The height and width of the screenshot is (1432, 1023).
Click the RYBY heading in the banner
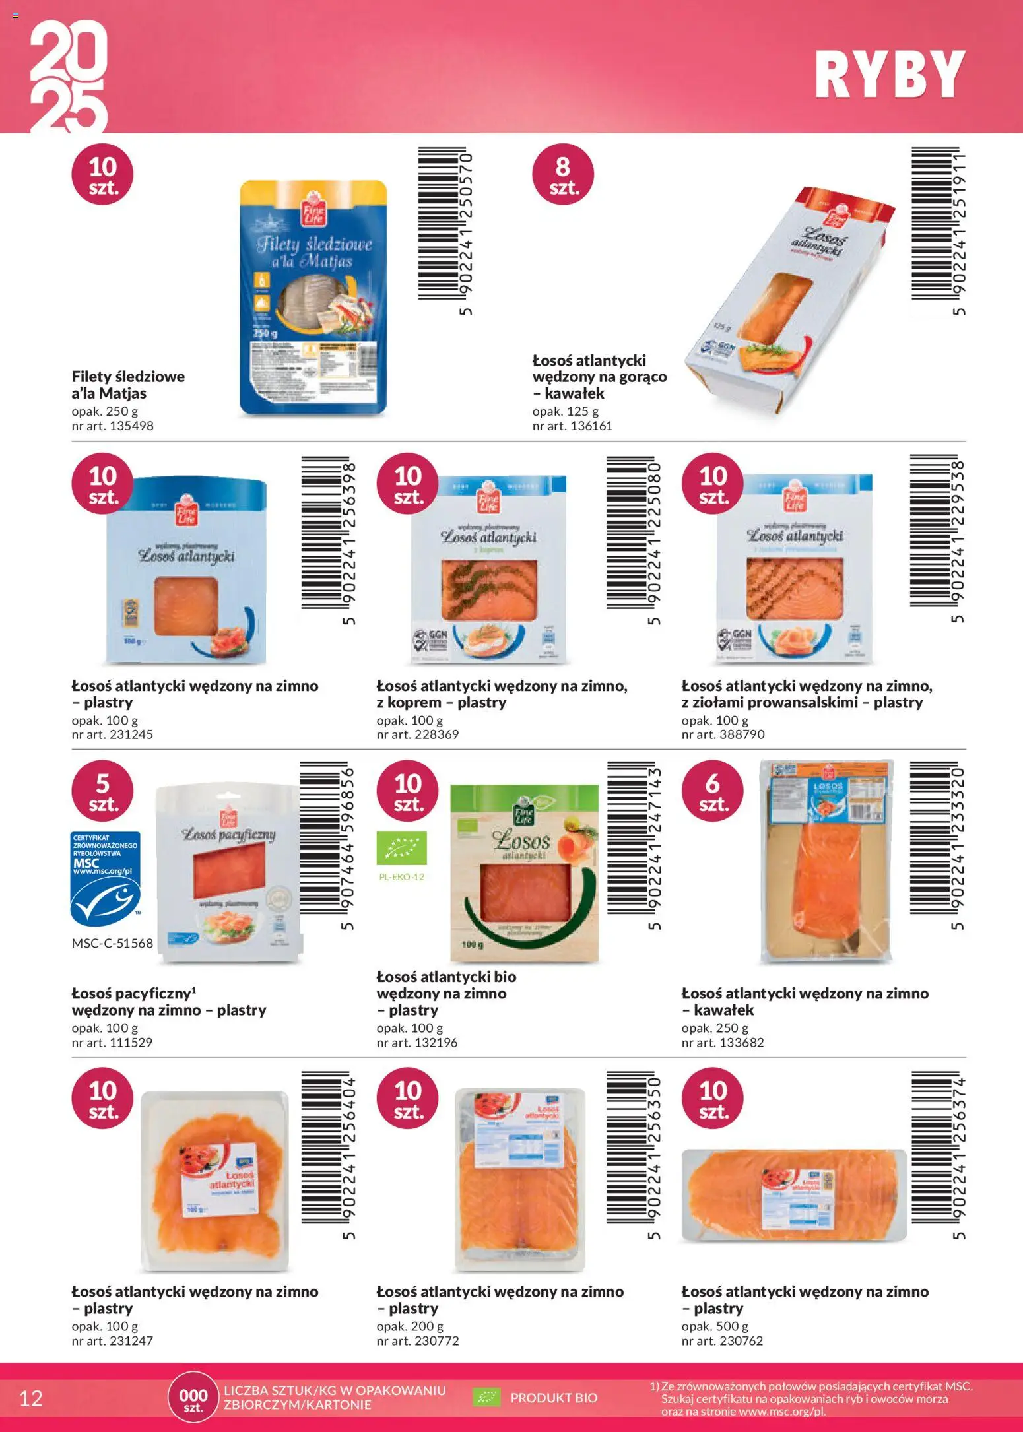[x=889, y=75]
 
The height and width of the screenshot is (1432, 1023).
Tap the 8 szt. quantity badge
[x=563, y=174]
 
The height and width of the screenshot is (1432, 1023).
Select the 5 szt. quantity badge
[x=102, y=791]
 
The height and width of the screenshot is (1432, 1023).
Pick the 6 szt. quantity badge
[x=712, y=791]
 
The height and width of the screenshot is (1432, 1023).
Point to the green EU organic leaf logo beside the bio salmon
[x=401, y=848]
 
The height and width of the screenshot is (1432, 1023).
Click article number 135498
[x=112, y=426]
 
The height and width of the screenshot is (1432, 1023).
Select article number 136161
[x=572, y=426]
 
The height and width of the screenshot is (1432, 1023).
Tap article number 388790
[x=723, y=734]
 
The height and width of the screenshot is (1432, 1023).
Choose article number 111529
[x=112, y=1042]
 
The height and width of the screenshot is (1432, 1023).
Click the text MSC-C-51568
[x=112, y=943]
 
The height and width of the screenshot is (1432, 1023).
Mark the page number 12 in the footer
[x=31, y=1398]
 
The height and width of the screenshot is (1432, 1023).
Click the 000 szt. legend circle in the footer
[x=193, y=1398]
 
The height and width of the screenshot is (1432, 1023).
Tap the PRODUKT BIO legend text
[x=553, y=1398]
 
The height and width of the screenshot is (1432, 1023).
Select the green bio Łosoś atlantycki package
[x=524, y=872]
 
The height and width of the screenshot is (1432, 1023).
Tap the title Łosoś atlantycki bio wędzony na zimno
[x=446, y=993]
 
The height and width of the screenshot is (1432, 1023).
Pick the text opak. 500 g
[x=715, y=1326]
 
